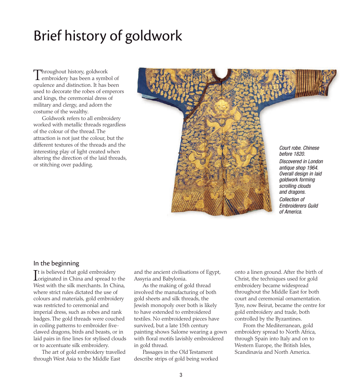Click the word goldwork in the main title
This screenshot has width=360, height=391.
(x=153, y=36)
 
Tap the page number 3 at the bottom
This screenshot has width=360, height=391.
(x=181, y=375)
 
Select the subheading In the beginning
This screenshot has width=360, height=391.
(x=56, y=263)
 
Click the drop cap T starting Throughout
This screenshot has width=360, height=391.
(x=37, y=74)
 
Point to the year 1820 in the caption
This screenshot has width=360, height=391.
(x=299, y=154)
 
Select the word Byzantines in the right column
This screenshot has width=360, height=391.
(x=286, y=319)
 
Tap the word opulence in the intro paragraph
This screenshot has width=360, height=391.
(x=44, y=85)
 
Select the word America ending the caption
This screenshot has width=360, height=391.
(x=293, y=212)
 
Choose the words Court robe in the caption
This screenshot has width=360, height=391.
(x=290, y=148)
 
